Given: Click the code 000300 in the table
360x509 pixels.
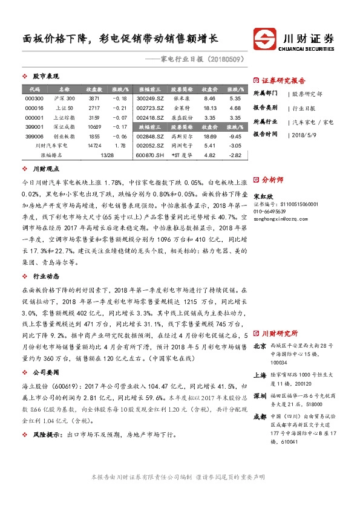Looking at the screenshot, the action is tap(34, 98).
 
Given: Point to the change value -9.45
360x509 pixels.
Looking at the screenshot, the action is tap(235, 137).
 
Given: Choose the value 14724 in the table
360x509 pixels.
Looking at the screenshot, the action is tap(94, 146).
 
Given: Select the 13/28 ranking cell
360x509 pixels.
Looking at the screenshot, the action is tap(106, 155).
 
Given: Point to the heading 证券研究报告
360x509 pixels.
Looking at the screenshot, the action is tap(283, 80).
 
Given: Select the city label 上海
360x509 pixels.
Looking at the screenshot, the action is tap(260, 375).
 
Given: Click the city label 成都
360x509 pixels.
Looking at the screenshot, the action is tap(260, 417).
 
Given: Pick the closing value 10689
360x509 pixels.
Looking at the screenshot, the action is tap(94, 127).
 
